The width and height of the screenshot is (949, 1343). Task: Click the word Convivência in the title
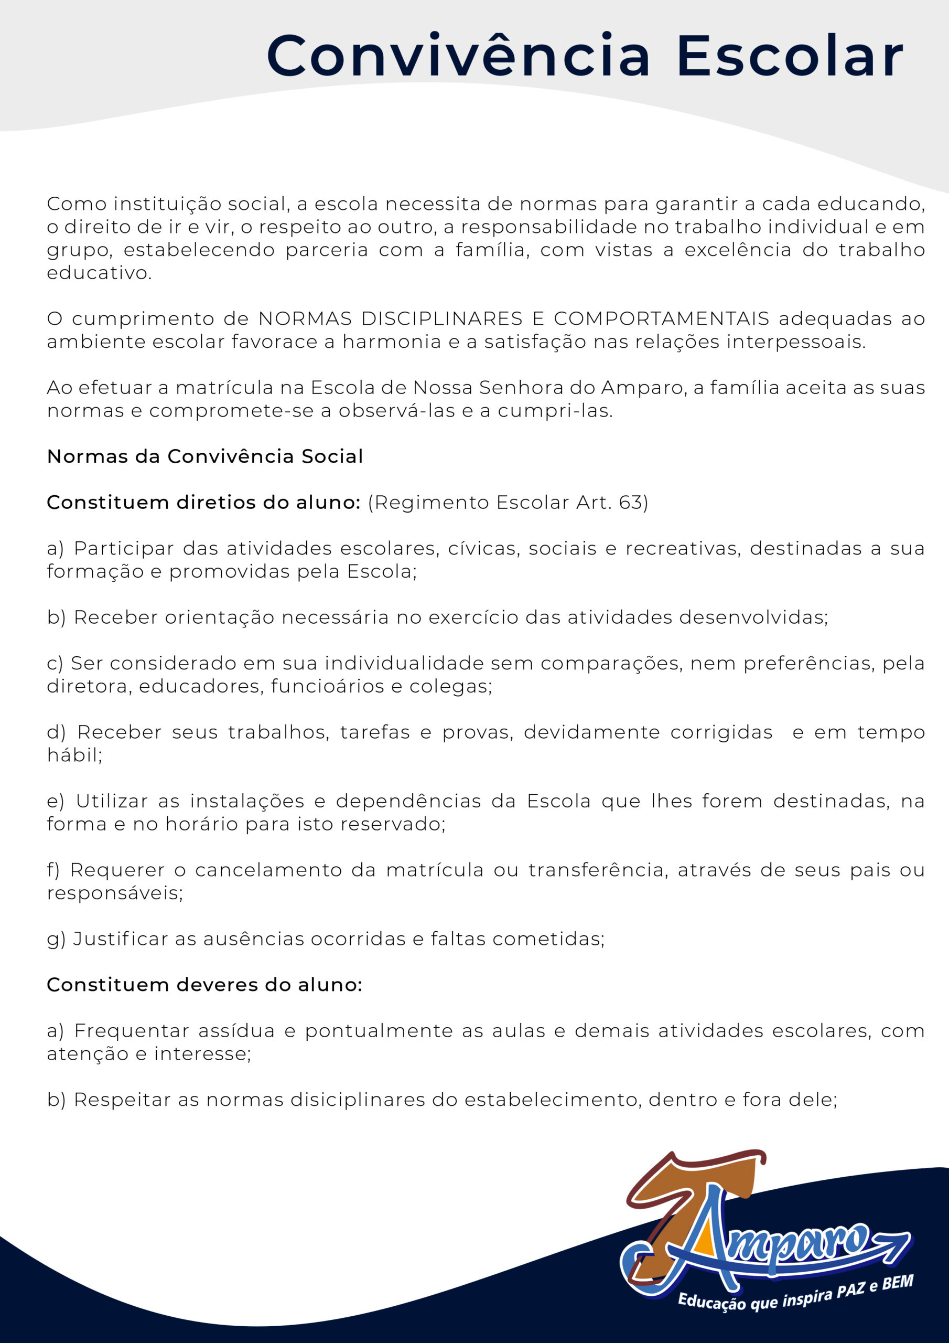tap(458, 56)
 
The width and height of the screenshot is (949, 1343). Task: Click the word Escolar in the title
tap(790, 56)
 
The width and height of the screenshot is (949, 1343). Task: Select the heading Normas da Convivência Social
tap(204, 456)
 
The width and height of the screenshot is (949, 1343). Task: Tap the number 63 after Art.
tap(631, 503)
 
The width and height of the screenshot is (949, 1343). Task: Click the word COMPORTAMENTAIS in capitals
tap(661, 319)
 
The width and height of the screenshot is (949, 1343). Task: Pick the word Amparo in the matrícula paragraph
tap(643, 388)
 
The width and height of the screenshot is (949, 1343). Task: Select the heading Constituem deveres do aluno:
tap(204, 985)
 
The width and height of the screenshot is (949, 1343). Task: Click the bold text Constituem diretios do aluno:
tap(203, 503)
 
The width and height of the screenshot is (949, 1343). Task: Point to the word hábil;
tap(74, 755)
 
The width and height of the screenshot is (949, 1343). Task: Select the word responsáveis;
tap(115, 893)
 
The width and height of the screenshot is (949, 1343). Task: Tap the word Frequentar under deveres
tap(132, 1031)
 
